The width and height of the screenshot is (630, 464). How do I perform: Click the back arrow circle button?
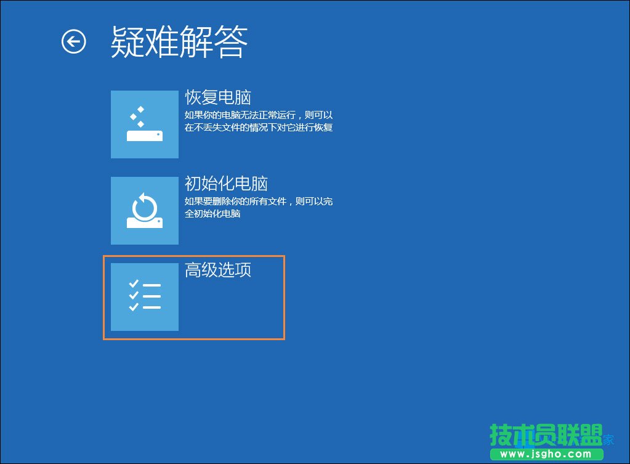coord(74,42)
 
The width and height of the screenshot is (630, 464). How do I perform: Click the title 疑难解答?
coord(179,43)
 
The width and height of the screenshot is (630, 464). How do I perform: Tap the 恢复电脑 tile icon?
coord(144,124)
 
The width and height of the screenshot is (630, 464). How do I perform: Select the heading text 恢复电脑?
coord(218,97)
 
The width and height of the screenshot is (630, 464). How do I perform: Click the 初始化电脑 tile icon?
coord(144,211)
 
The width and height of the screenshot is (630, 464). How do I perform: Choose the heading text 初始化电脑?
coord(226,184)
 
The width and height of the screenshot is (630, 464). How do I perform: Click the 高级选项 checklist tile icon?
coord(144,297)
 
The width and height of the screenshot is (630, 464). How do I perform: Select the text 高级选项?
coord(218,270)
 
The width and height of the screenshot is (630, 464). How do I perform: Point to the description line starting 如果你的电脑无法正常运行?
coord(259,115)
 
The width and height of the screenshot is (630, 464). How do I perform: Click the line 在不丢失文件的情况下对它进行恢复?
coord(259,128)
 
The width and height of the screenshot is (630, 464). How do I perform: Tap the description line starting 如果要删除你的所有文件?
coord(259,201)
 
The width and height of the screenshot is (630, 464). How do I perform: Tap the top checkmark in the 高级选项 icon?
coord(134,284)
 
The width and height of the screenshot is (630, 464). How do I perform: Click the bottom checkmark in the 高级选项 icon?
coord(134,306)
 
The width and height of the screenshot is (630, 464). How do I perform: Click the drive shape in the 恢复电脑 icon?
coord(145,136)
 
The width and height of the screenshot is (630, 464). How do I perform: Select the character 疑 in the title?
coord(127,43)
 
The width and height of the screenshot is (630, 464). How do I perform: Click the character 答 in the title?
coord(231,43)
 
